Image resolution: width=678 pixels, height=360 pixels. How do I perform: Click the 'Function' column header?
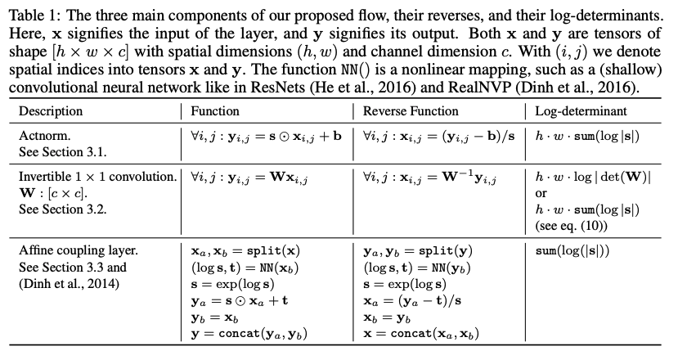[215, 110]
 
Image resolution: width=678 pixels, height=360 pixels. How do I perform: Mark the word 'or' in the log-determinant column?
[541, 193]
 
